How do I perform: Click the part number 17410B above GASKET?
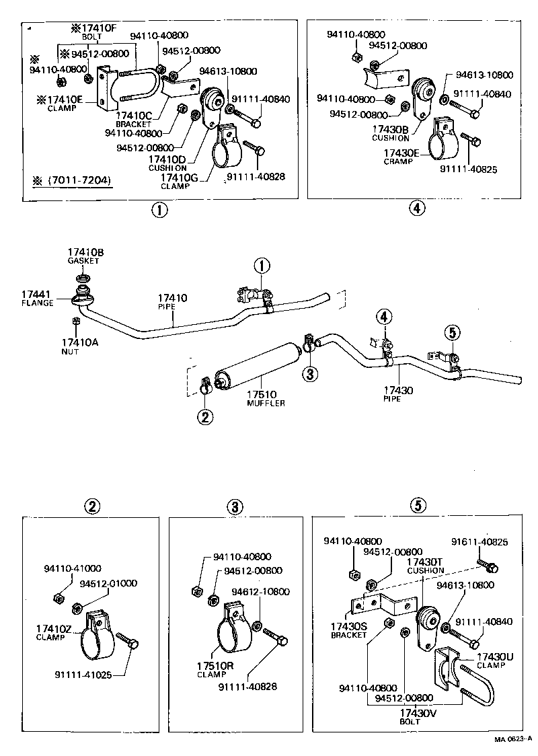pos(85,253)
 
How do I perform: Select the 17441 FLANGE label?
pos(38,298)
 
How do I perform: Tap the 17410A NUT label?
pos(84,346)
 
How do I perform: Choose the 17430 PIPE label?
pos(398,393)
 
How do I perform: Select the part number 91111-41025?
pos(87,674)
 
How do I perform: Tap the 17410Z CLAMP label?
pos(52,632)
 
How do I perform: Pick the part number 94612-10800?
pos(260,592)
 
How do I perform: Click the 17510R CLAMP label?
pos(215,670)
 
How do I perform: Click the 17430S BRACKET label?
pos(348,630)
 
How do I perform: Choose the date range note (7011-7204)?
pos(75,180)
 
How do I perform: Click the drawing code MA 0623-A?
pos(513,740)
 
